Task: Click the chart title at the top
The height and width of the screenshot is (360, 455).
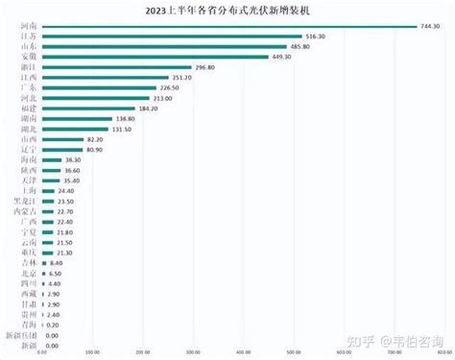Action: tap(227, 12)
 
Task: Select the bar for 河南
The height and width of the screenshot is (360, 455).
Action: tap(230, 26)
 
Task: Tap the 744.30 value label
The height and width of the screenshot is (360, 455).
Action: tap(431, 26)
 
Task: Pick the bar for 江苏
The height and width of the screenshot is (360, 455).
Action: tap(174, 36)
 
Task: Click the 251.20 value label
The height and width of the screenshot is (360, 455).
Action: tap(181, 78)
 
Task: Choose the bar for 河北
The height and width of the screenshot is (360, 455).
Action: tap(97, 98)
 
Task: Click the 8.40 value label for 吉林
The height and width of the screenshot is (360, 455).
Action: tap(57, 263)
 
